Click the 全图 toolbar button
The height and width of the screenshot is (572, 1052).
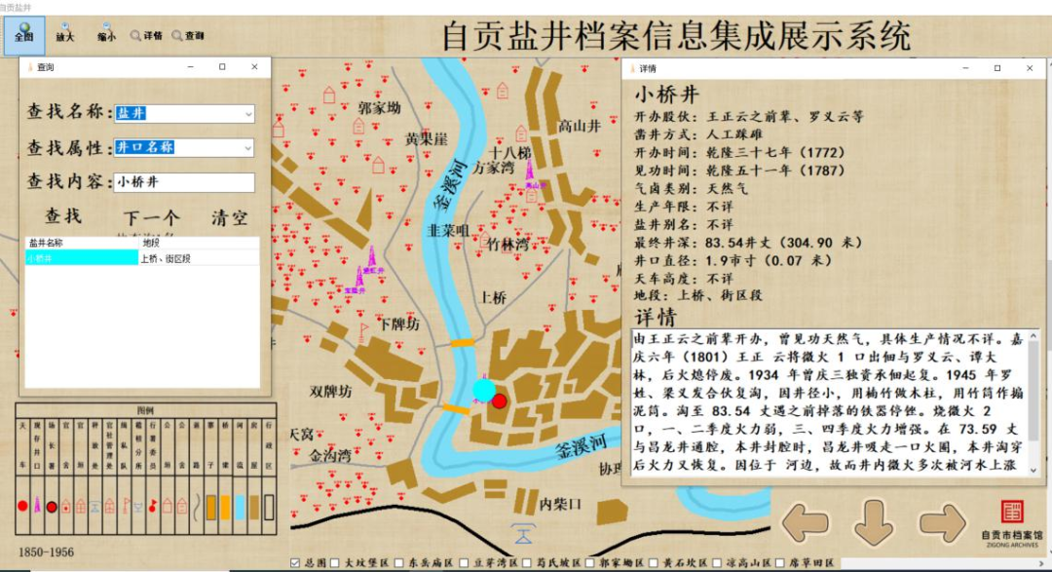tap(22, 36)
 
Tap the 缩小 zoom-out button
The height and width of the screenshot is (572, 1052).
tap(105, 36)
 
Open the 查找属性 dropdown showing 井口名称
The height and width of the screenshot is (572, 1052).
tap(184, 147)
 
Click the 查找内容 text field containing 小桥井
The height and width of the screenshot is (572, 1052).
tap(184, 182)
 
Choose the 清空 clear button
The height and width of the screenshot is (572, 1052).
tap(230, 217)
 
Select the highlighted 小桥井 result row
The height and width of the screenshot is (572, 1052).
tap(82, 258)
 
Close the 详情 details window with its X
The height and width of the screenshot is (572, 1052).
tap(1030, 68)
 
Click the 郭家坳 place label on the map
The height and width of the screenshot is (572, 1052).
tap(379, 108)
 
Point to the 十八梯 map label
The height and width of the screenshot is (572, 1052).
tap(510, 154)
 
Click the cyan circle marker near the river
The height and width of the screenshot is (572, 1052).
tap(484, 391)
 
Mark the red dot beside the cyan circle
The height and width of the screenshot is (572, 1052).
tap(500, 400)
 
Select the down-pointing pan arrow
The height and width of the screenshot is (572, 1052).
tap(873, 523)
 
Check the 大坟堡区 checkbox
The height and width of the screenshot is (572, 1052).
tap(336, 563)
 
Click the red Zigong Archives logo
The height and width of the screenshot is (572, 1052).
tap(1013, 513)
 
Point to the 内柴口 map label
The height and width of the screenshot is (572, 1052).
tap(560, 504)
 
